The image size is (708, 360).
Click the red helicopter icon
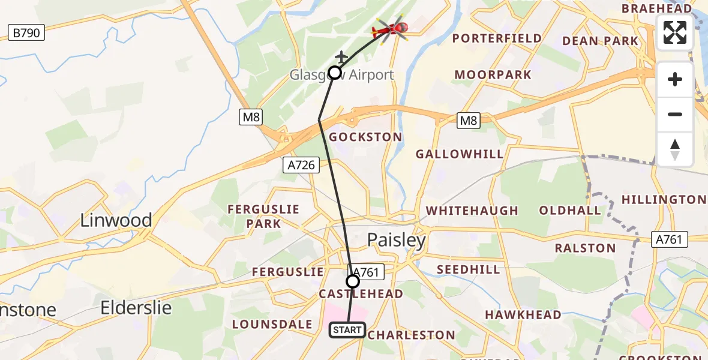tap(391, 28)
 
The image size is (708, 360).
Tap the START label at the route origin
tap(347, 329)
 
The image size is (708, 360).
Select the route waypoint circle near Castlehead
tap(353, 281)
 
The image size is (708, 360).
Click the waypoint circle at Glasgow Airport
tap(335, 73)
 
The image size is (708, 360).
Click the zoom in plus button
tap(675, 80)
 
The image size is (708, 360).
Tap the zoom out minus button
tap(675, 115)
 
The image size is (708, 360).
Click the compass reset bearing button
tap(675, 149)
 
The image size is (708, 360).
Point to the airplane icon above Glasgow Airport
tap(341, 58)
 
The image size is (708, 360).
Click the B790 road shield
tap(27, 32)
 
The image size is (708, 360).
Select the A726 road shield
tap(301, 165)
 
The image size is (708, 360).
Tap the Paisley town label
tap(397, 241)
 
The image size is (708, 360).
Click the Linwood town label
tap(116, 220)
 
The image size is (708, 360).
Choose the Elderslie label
tap(136, 308)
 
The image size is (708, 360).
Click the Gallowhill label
tap(460, 154)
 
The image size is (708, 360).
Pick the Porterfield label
tap(497, 38)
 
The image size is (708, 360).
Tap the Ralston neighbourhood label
tap(585, 248)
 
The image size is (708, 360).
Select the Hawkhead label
tap(523, 314)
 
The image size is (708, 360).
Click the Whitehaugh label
tap(472, 211)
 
